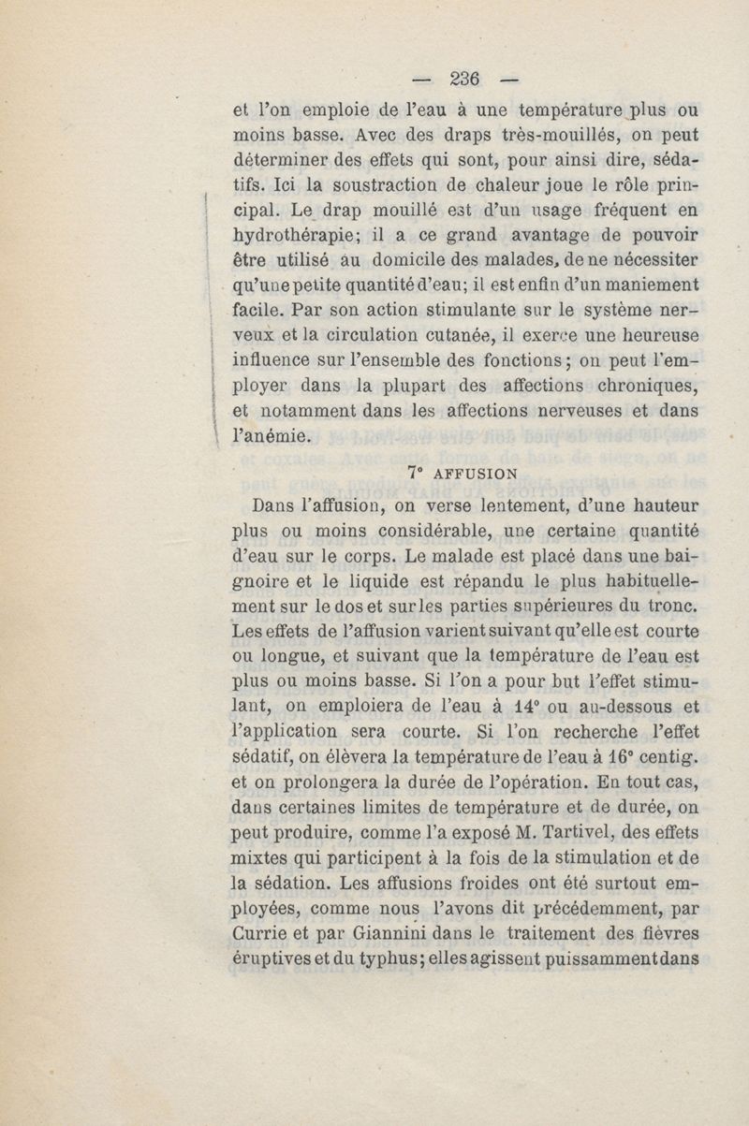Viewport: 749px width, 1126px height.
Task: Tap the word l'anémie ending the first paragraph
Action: (x=268, y=433)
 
